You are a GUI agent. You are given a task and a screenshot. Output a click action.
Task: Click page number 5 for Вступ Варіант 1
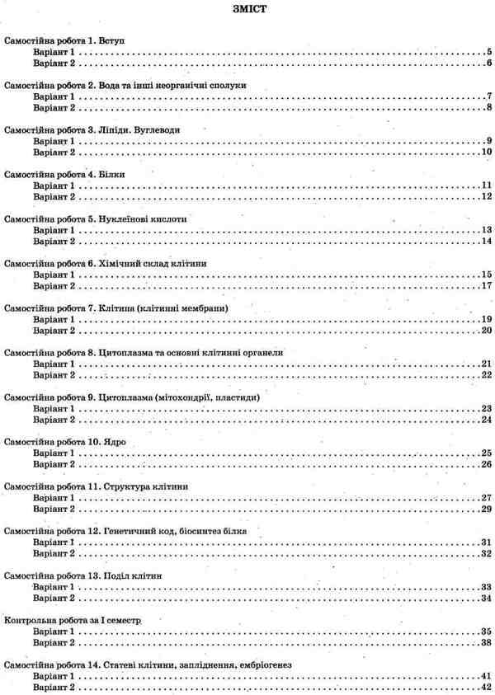pos(489,52)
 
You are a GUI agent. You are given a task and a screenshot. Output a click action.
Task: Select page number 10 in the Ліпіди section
pos(487,152)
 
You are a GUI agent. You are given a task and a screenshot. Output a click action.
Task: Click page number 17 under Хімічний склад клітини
pos(487,285)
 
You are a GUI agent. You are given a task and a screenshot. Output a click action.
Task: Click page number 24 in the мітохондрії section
pos(487,419)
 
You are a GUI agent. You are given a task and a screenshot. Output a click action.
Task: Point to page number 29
pos(487,509)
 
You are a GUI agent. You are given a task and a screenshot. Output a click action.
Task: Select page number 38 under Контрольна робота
pos(487,642)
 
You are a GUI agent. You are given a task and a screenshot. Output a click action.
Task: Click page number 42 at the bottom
pos(487,687)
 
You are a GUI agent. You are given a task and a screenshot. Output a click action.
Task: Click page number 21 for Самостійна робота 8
pos(487,364)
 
